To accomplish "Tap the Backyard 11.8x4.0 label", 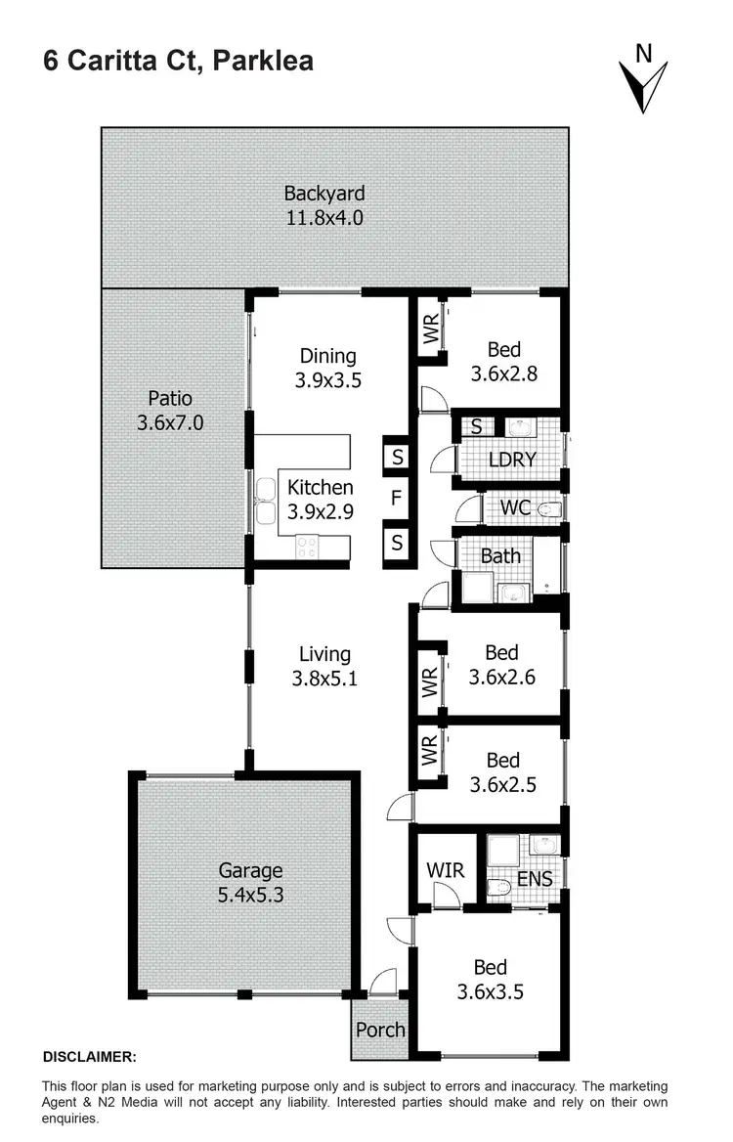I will [x=323, y=205].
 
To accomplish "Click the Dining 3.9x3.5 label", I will [x=327, y=369].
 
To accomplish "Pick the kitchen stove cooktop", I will [x=306, y=548].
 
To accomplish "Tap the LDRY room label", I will [x=511, y=459].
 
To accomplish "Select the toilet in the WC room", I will [x=550, y=509].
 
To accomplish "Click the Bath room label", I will [x=500, y=555].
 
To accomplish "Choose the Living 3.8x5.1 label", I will [x=324, y=666].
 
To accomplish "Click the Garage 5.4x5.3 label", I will [x=250, y=881].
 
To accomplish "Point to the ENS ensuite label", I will [x=535, y=879].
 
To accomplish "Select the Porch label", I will [x=380, y=1030].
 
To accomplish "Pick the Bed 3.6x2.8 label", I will [x=503, y=361].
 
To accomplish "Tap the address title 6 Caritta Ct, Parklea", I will [x=178, y=61].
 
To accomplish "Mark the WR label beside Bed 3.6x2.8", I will [x=431, y=333].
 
